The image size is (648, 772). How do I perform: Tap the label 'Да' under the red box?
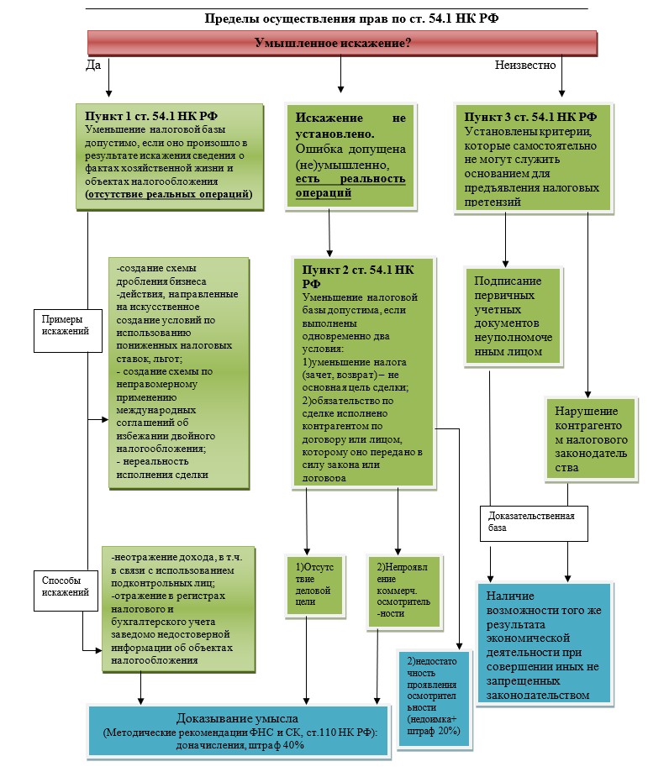point(93,65)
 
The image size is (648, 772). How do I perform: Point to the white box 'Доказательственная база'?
point(532,522)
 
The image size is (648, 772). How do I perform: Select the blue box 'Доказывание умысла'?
point(238,732)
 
